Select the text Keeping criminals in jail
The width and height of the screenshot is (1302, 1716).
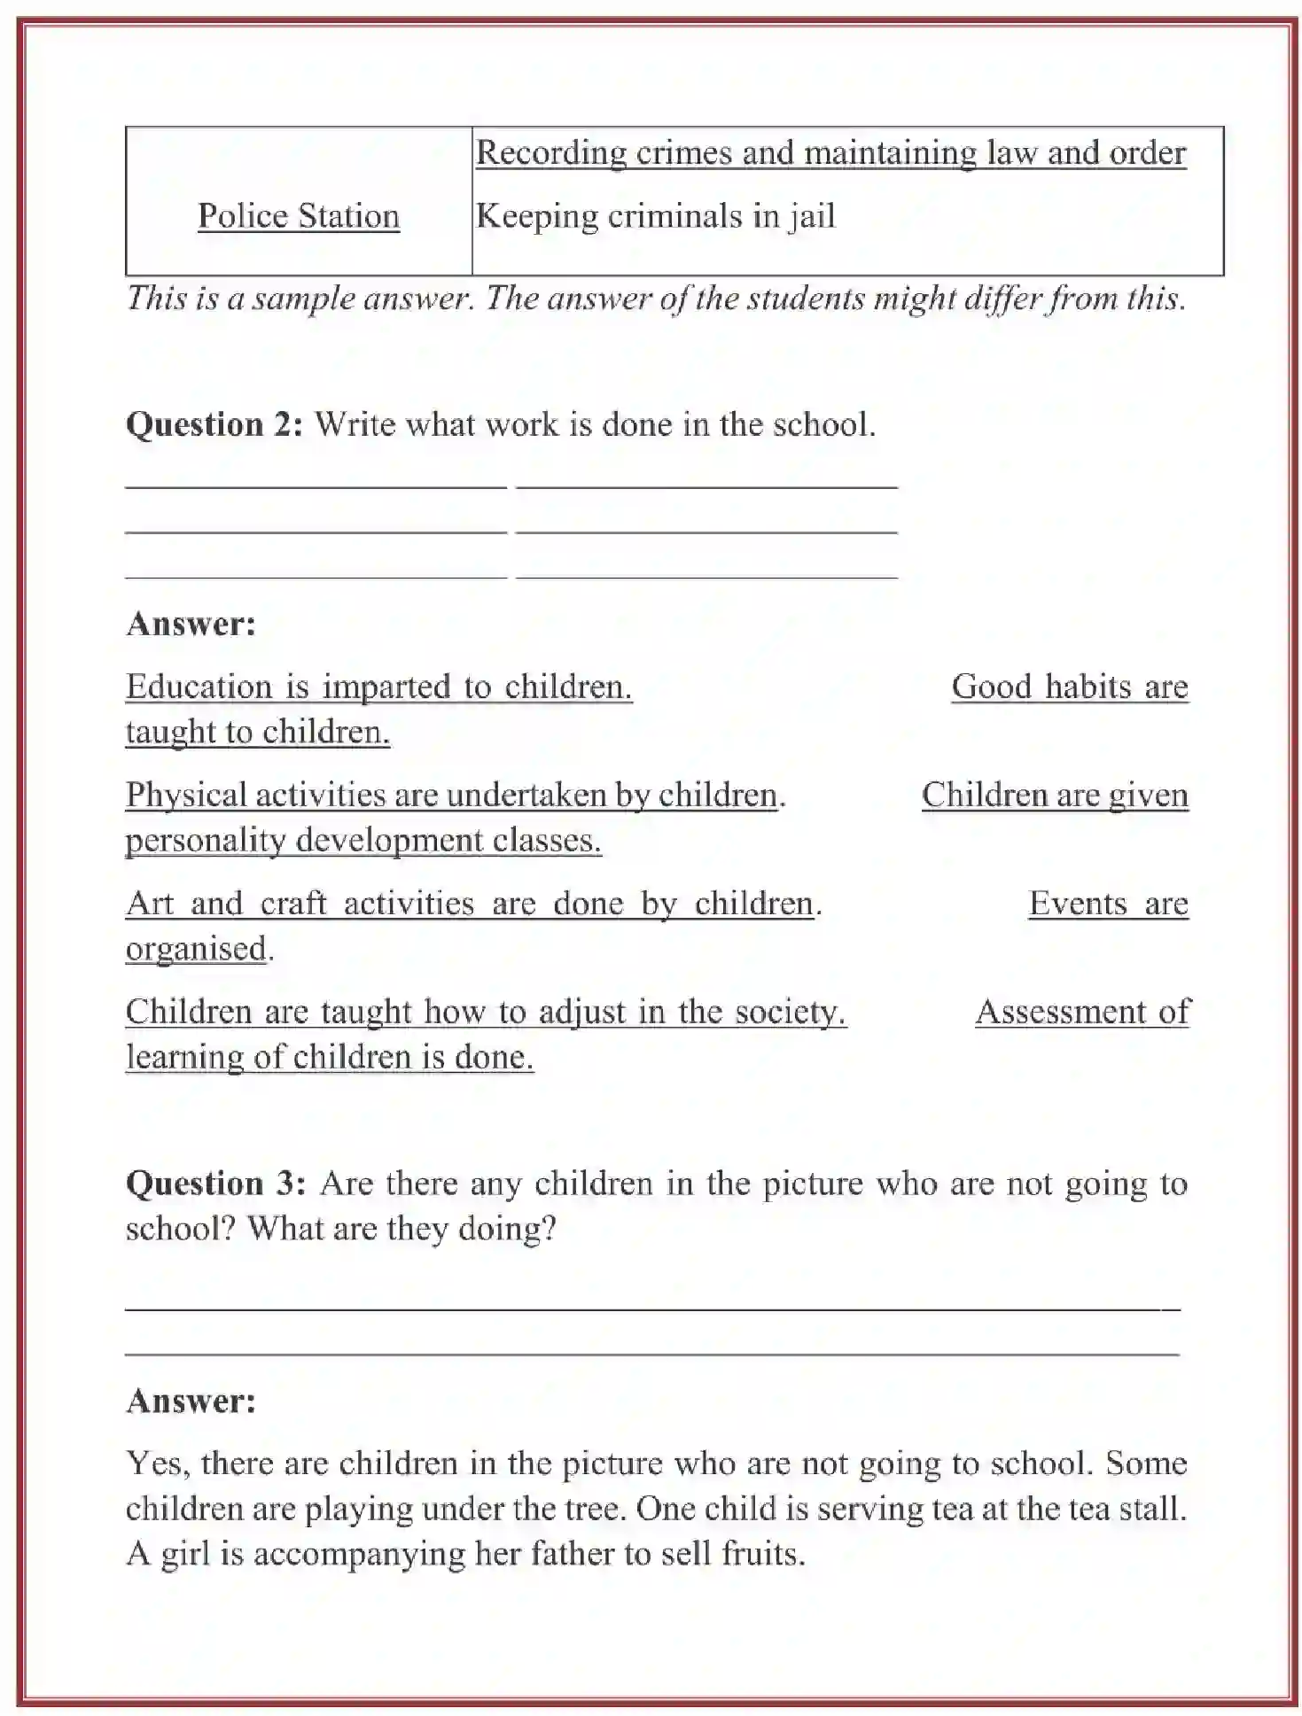[655, 216]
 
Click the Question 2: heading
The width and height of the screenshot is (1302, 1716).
[214, 424]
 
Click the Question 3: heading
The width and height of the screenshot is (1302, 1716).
[216, 1184]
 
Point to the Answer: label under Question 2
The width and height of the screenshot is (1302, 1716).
[191, 624]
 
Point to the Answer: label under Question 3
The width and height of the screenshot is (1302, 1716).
[191, 1401]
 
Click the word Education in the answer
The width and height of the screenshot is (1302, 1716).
[199, 687]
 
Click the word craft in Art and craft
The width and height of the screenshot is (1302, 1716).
[293, 904]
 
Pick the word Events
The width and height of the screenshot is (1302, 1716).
[1077, 904]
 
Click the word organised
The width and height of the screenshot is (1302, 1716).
[196, 949]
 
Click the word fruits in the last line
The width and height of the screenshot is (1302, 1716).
[761, 1554]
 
